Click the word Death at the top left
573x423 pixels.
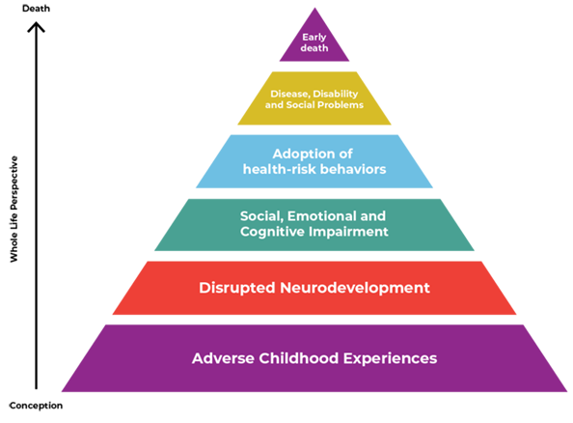(36, 9)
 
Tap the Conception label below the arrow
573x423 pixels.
(36, 406)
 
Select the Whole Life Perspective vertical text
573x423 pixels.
(14, 209)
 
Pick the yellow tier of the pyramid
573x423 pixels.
(314, 99)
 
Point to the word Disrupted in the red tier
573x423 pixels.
(236, 288)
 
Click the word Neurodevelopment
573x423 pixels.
(355, 288)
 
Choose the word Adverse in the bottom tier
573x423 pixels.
(223, 358)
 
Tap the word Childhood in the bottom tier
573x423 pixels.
(299, 358)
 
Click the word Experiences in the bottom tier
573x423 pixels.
(390, 358)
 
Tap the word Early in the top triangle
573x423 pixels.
(314, 38)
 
